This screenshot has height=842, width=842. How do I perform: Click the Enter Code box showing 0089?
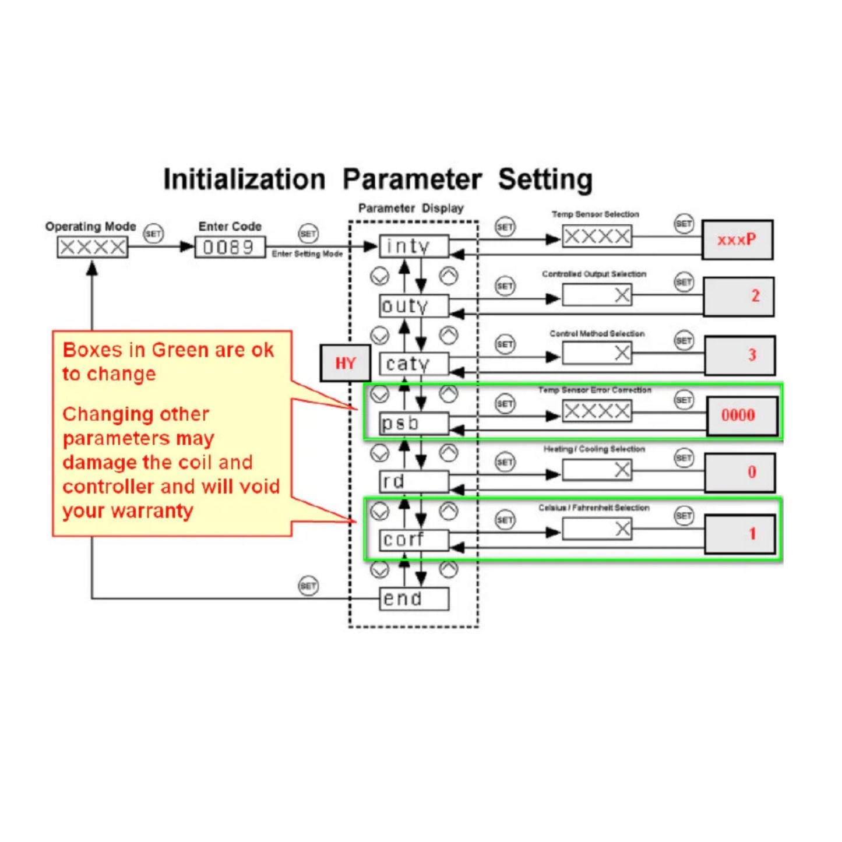point(230,247)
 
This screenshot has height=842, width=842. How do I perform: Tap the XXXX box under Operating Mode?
point(93,247)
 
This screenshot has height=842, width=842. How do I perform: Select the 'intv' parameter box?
point(414,246)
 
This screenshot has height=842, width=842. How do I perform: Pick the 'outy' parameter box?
point(414,306)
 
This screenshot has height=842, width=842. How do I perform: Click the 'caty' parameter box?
point(414,364)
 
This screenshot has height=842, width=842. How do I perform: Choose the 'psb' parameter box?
point(414,424)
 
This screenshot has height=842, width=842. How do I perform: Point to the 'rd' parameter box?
point(414,482)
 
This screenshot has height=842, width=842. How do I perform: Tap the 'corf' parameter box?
point(414,540)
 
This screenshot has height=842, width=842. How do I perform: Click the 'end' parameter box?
point(414,599)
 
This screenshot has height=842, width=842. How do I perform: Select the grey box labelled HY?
point(345,364)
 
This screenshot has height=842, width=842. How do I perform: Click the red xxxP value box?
point(737,239)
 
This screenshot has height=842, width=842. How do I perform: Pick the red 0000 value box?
point(742,415)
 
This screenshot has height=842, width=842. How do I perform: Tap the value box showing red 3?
point(739,355)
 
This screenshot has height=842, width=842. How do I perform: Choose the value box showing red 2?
point(738,296)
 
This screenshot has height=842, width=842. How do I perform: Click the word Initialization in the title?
point(244,179)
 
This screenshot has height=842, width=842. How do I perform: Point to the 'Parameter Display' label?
point(411,208)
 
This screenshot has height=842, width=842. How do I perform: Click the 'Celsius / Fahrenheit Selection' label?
point(594,508)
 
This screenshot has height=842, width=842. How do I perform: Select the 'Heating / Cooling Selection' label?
point(594,449)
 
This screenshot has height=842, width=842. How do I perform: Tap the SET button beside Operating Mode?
point(153,234)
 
